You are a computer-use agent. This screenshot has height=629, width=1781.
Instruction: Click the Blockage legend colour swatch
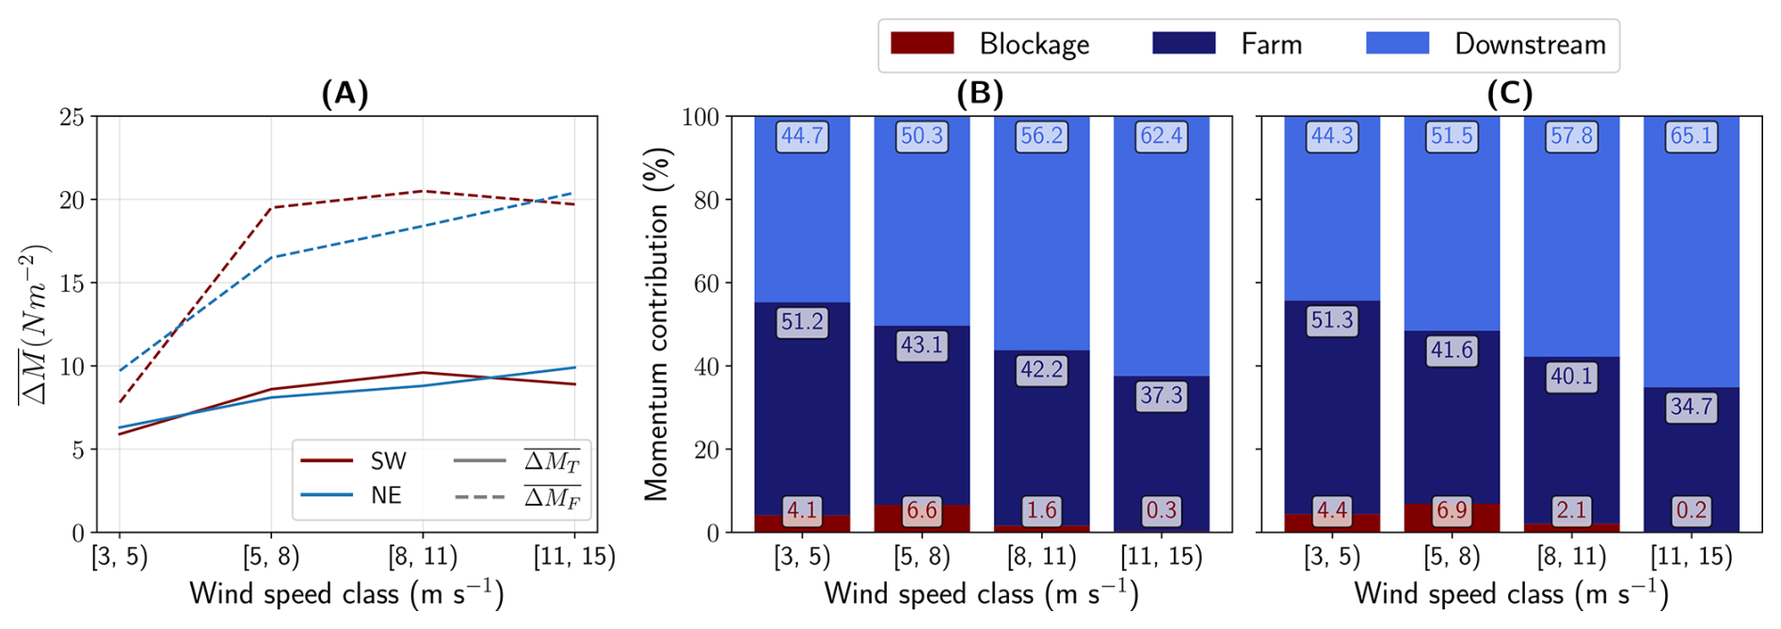(922, 43)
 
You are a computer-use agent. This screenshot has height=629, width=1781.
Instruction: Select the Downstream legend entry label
(1530, 44)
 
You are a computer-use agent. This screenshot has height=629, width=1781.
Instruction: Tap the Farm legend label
(1271, 44)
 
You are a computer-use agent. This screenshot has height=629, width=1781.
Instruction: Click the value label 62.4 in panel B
(1161, 137)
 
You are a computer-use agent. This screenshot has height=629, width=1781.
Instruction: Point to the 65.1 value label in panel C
(1691, 137)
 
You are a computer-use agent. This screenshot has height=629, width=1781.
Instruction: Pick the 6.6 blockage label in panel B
(922, 510)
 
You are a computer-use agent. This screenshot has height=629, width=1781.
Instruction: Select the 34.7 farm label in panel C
(1691, 408)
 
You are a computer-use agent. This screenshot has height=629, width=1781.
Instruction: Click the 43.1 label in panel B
(922, 346)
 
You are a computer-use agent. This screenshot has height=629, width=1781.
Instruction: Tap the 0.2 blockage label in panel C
(1691, 510)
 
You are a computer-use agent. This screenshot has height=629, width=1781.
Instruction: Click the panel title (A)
(345, 93)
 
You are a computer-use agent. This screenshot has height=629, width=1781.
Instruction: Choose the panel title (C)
(1510, 93)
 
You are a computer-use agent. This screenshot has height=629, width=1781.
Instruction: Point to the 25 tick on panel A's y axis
(72, 117)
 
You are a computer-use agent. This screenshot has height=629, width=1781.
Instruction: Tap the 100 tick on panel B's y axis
(700, 117)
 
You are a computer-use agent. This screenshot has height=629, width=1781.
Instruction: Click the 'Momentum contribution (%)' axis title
(657, 324)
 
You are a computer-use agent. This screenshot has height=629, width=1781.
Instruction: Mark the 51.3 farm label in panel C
(1332, 320)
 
